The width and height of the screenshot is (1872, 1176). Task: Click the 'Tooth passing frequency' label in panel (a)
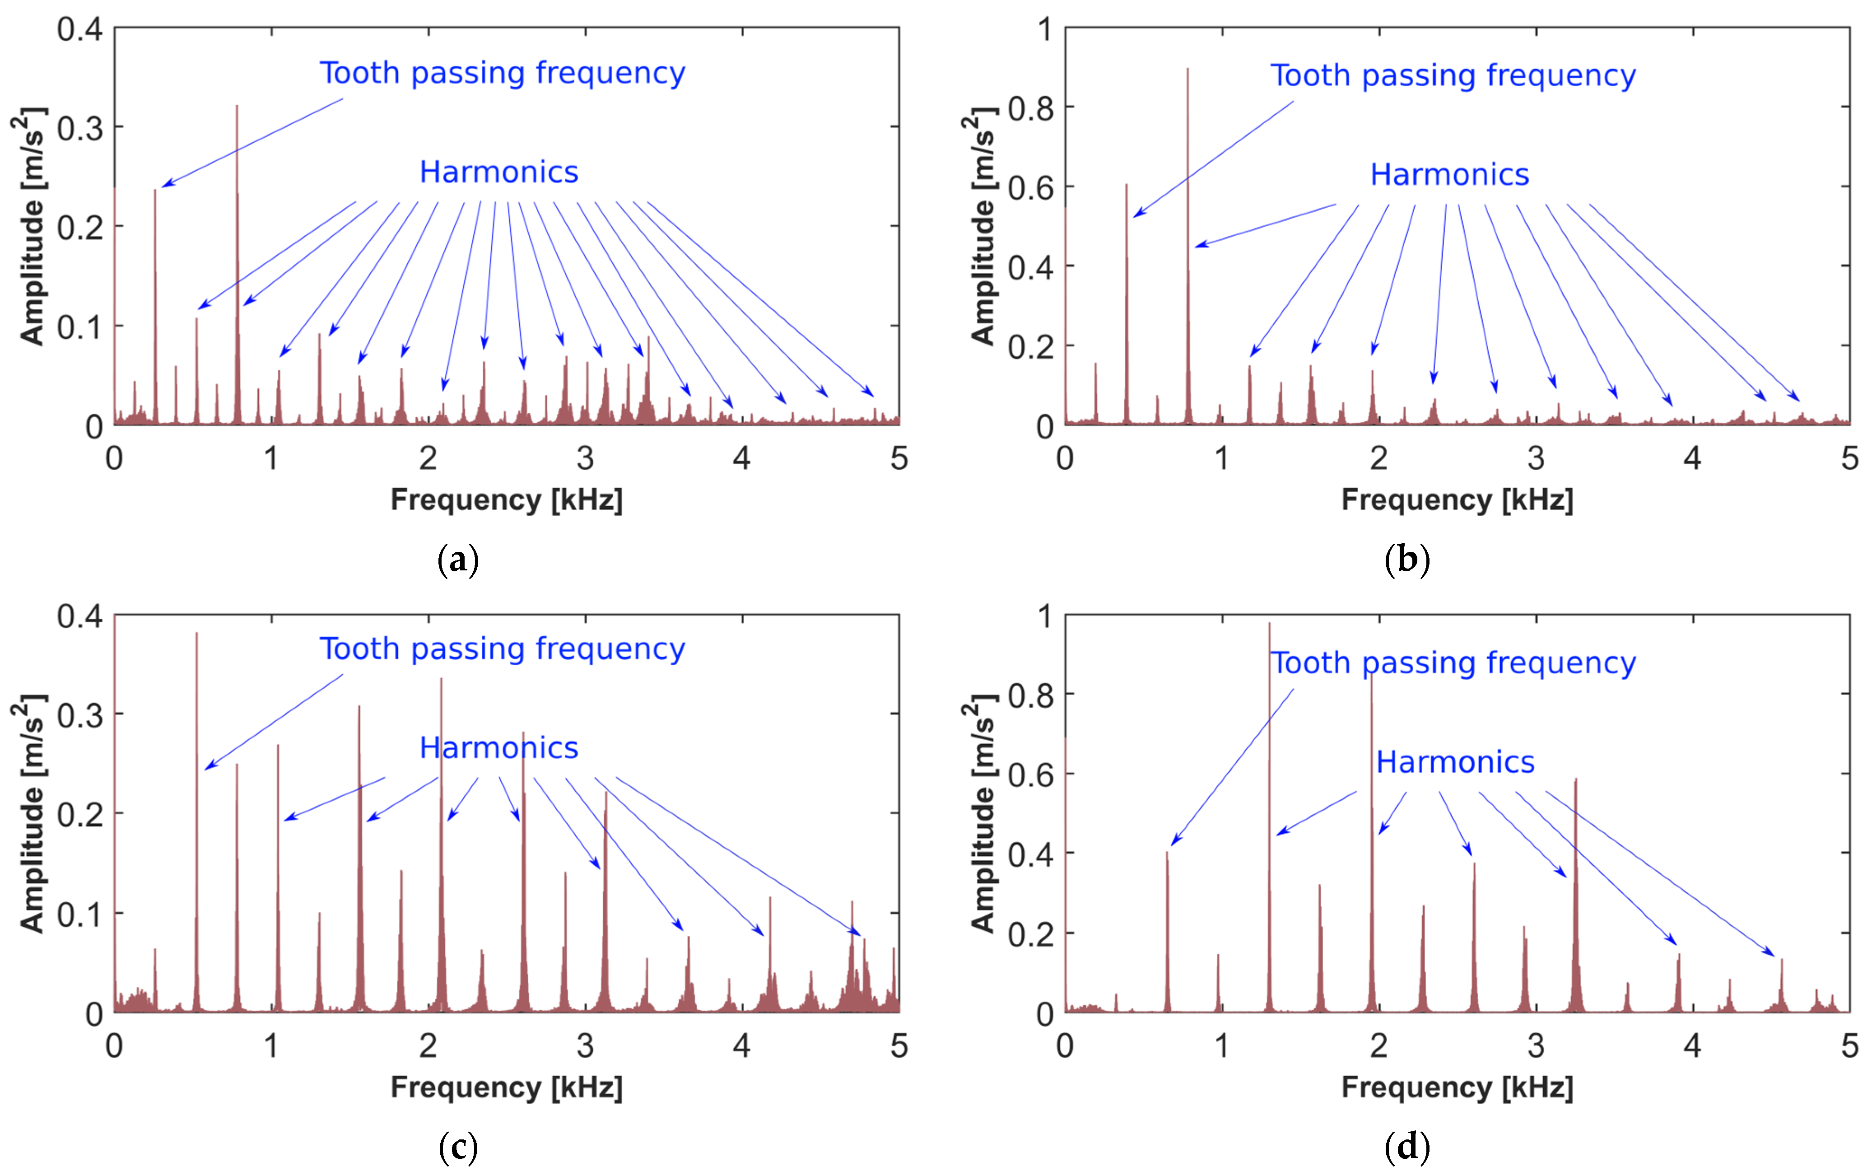(x=502, y=73)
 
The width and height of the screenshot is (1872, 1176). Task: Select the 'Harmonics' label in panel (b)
(x=1449, y=175)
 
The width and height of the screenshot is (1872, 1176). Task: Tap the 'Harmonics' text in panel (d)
(x=1455, y=762)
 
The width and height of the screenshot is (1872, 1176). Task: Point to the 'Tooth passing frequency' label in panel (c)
(x=502, y=649)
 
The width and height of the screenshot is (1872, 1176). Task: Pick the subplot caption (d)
(x=1407, y=1147)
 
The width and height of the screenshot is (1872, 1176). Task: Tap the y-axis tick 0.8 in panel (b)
(x=1031, y=109)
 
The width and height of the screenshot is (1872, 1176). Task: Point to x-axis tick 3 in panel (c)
(x=585, y=1046)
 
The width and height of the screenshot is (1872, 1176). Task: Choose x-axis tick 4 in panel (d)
(x=1692, y=1046)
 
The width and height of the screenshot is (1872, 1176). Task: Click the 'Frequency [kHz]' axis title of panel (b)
(x=1457, y=500)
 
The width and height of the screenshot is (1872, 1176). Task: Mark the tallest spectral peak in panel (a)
(x=237, y=107)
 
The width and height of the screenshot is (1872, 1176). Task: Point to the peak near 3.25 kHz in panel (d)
(x=1576, y=780)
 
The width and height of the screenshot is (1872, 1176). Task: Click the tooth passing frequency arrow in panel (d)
(x=1232, y=766)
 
